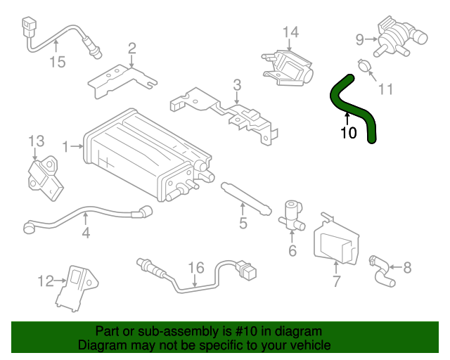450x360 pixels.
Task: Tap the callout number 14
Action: [290, 32]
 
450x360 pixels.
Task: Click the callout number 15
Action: [57, 62]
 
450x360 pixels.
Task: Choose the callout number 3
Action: [237, 85]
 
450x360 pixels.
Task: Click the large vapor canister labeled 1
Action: [141, 155]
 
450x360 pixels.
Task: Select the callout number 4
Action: [85, 232]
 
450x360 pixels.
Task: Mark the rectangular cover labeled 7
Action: [336, 239]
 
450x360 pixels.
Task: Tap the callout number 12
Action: [46, 281]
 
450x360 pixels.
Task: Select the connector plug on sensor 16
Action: [246, 269]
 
